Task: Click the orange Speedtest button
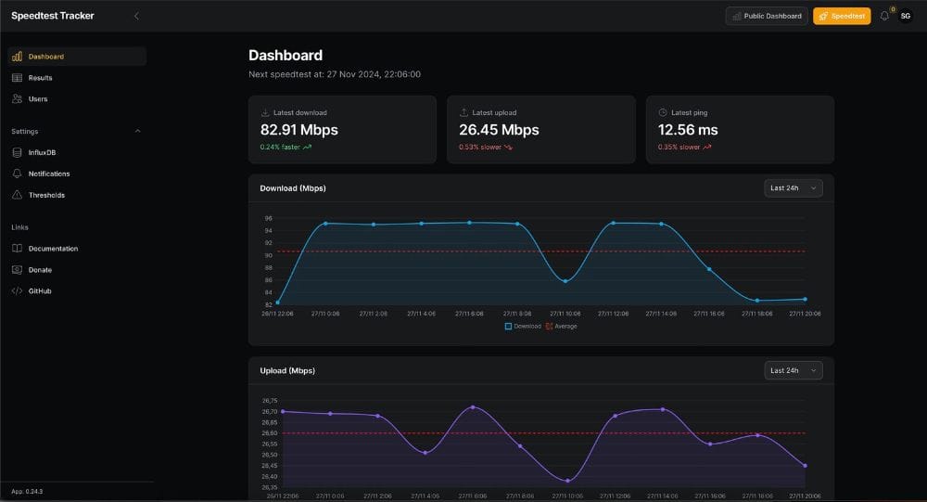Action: (842, 16)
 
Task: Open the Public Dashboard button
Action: (767, 16)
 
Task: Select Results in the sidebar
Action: (40, 78)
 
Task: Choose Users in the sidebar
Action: (37, 99)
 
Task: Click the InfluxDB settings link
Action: (42, 152)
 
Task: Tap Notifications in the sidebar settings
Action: (48, 174)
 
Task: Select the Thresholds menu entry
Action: (46, 195)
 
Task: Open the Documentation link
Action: (53, 249)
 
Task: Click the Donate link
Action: (40, 270)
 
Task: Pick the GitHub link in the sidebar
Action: (40, 291)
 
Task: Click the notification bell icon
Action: (884, 16)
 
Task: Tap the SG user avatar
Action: (906, 16)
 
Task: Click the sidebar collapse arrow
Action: (137, 16)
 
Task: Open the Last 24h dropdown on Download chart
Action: (794, 188)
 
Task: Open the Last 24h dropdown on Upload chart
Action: (794, 370)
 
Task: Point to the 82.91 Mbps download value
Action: (298, 130)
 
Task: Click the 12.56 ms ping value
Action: (688, 130)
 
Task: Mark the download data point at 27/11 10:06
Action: (565, 281)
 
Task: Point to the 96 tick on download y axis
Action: (268, 218)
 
